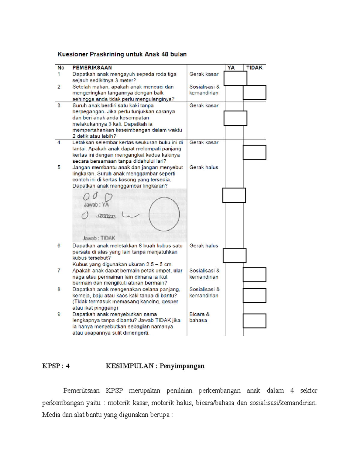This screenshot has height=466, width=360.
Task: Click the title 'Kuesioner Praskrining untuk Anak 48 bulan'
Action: tap(122, 54)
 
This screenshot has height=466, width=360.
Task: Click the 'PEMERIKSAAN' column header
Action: tap(92, 68)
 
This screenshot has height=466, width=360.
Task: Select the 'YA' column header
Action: tap(231, 68)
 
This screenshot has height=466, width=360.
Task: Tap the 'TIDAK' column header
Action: tap(254, 68)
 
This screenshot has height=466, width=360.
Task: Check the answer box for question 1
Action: tap(235, 78)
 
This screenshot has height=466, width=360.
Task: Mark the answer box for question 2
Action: tap(254, 92)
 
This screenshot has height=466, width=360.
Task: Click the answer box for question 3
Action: tap(235, 118)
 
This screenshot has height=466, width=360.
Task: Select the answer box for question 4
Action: tap(254, 152)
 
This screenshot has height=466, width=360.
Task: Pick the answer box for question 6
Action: tap(234, 256)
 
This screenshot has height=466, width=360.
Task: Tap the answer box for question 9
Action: tap(254, 321)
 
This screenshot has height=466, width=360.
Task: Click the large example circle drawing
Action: tap(164, 214)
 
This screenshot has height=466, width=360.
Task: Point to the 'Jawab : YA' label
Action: tap(96, 205)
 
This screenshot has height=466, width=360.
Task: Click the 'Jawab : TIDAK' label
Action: tap(99, 238)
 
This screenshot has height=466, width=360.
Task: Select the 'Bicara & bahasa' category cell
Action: tap(199, 317)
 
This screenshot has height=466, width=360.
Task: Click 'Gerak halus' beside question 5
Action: tap(204, 167)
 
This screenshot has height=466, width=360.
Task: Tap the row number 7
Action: tap(59, 271)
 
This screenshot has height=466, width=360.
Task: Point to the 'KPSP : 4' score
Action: tap(56, 366)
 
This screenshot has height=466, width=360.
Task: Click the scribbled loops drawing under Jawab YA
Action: tap(106, 216)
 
